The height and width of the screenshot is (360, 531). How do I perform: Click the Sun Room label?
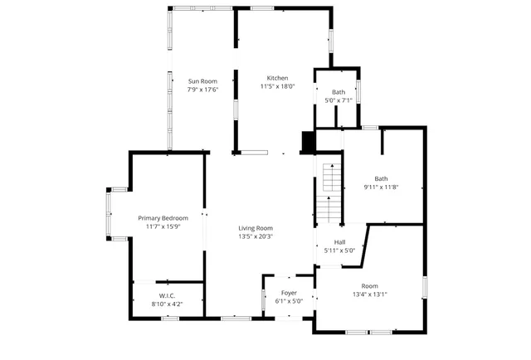click(x=202, y=80)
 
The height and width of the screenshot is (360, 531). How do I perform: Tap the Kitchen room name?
click(x=277, y=77)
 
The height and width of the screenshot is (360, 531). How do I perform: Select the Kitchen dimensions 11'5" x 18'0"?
click(x=277, y=85)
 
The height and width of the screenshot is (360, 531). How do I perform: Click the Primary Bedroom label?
click(x=163, y=218)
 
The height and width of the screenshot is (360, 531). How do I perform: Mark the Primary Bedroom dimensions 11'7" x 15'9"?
click(x=163, y=226)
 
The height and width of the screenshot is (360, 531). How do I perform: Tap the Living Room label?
click(x=256, y=228)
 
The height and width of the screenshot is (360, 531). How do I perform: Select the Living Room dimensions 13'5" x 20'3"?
click(x=256, y=236)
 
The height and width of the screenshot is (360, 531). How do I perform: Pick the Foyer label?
click(x=289, y=293)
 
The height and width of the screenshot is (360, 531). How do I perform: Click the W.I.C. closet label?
click(x=167, y=296)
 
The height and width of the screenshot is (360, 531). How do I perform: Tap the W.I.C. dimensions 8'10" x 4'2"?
click(x=167, y=304)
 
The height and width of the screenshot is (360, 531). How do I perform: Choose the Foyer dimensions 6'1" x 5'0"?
click(x=289, y=301)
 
